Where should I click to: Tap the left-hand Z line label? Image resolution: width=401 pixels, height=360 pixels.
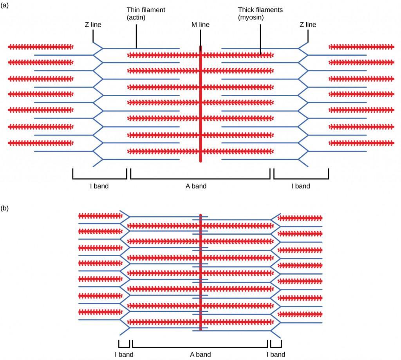coord(93,25)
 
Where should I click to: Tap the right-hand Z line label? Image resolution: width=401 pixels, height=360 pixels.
coord(308,25)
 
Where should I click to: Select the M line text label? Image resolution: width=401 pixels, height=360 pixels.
coord(200,25)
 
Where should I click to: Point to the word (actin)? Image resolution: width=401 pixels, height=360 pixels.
coord(136,17)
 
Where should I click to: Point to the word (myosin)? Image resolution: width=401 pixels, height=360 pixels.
coord(251,17)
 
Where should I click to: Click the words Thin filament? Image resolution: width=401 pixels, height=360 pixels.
coord(146,10)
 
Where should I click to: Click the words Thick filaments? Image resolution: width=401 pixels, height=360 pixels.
coord(260,10)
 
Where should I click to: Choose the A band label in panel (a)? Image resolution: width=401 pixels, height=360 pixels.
coord(196,186)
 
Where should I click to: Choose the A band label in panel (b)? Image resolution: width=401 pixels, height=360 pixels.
coord(200,355)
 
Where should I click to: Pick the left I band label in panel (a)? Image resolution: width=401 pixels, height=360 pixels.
coord(99,186)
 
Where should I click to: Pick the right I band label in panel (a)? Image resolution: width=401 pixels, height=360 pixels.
coord(300,186)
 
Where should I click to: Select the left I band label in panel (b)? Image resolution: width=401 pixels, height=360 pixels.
coord(124,355)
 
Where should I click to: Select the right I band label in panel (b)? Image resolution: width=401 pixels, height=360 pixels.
coord(276,355)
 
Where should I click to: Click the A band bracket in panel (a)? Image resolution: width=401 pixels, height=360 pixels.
coord(200,178)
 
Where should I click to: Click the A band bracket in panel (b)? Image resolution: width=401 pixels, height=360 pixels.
coord(200,347)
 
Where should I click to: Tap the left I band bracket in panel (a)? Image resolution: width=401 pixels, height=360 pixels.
coord(99,178)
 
